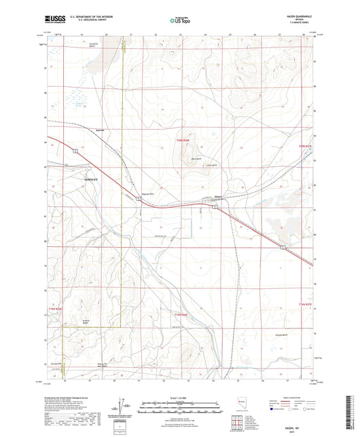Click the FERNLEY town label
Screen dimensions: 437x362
click(x=90, y=178)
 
